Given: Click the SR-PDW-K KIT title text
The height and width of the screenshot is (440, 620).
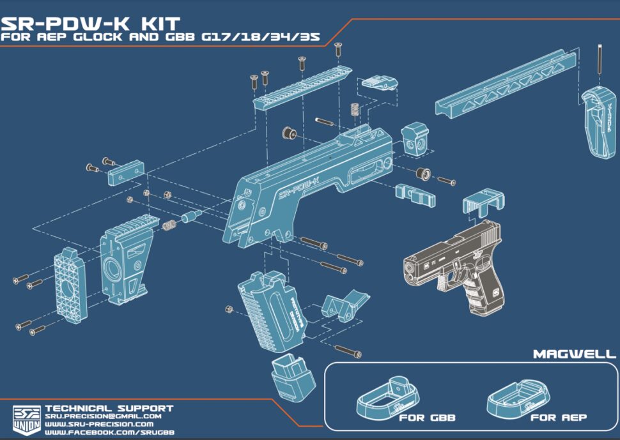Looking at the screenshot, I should pyautogui.click(x=89, y=24).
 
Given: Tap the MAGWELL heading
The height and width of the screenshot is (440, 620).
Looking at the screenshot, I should pyautogui.click(x=574, y=353).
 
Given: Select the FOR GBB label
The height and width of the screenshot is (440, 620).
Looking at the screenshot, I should pyautogui.click(x=427, y=418).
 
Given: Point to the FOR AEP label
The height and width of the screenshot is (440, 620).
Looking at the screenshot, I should pyautogui.click(x=558, y=418).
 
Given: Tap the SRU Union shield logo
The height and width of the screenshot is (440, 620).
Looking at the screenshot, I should pyautogui.click(x=25, y=418).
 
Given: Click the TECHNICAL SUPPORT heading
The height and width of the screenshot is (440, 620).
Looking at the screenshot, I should pyautogui.click(x=109, y=408).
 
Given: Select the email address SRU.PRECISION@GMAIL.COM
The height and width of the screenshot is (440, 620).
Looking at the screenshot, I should pyautogui.click(x=102, y=416).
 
